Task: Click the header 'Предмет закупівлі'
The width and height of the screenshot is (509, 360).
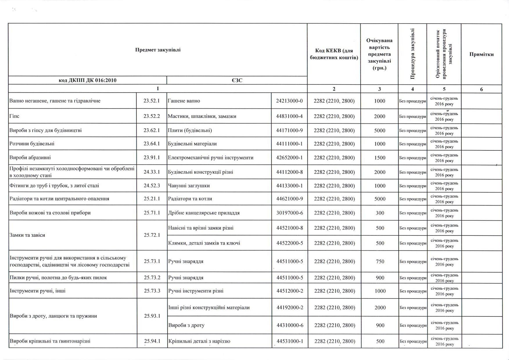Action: click(x=158, y=50)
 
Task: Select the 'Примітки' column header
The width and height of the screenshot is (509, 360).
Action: click(x=481, y=54)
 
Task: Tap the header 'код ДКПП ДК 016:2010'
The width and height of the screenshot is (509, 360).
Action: click(x=87, y=80)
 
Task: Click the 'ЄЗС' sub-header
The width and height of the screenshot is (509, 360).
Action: click(x=237, y=80)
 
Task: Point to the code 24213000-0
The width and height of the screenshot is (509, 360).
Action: click(x=289, y=101)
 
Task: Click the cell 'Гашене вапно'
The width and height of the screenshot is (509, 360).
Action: click(x=184, y=101)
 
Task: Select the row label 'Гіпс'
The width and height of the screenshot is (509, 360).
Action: click(x=14, y=116)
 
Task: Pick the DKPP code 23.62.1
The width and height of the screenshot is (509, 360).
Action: click(x=152, y=130)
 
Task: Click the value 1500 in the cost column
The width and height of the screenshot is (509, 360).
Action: click(x=379, y=158)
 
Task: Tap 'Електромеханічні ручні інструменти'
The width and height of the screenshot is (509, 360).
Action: click(x=211, y=158)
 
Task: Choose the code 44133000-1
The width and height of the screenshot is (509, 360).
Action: click(x=289, y=186)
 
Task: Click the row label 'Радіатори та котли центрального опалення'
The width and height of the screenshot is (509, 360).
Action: click(x=59, y=199)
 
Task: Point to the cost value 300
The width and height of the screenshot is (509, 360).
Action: click(x=380, y=213)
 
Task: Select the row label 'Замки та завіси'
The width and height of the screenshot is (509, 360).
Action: click(x=27, y=235)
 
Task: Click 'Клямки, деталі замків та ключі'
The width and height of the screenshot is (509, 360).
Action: click(x=204, y=243)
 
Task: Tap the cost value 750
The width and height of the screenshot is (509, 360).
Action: click(x=380, y=261)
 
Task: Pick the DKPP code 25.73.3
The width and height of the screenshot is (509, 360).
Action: click(x=152, y=291)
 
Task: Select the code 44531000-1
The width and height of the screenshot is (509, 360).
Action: click(x=290, y=341)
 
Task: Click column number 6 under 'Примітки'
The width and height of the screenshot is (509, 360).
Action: click(x=481, y=89)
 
